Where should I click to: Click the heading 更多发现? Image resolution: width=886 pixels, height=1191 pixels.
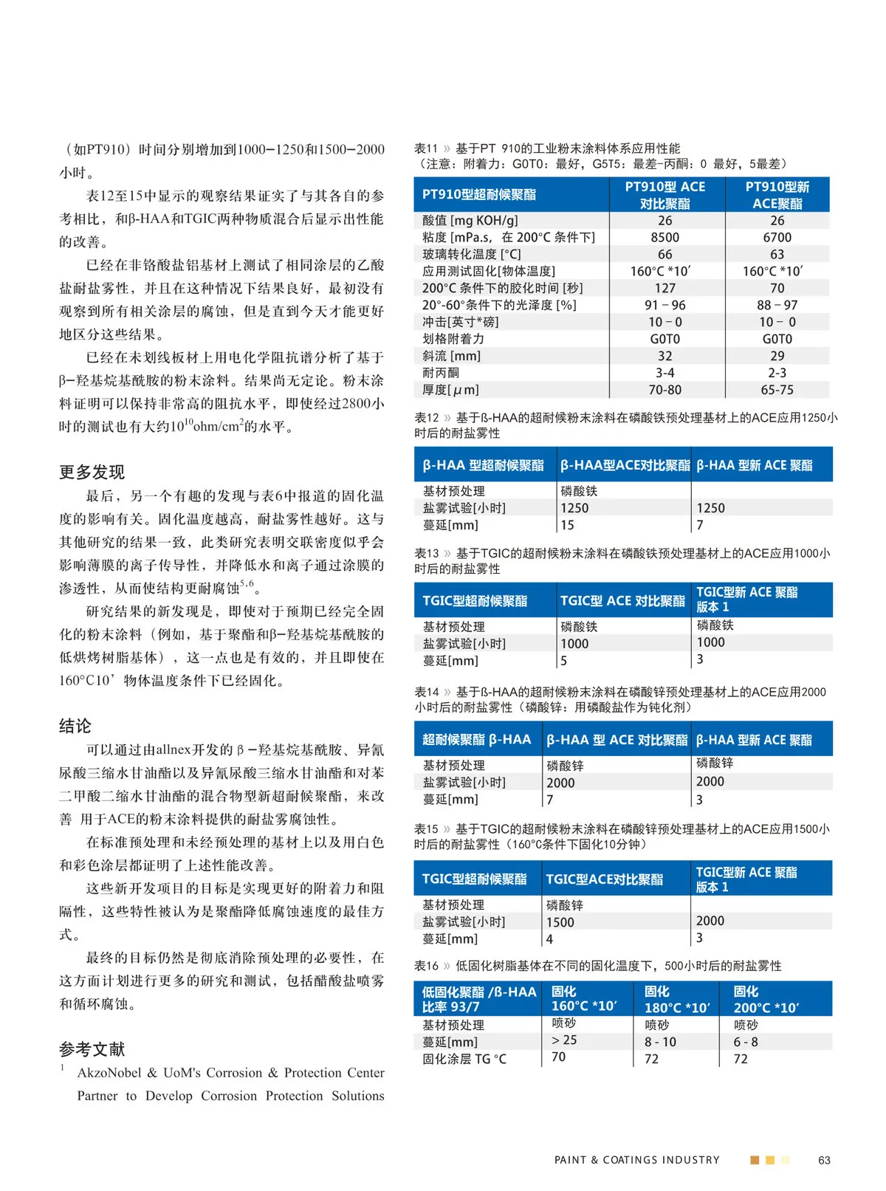(92, 472)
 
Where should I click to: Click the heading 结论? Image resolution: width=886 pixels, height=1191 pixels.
(75, 726)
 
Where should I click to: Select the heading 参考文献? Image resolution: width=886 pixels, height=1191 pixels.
(92, 1049)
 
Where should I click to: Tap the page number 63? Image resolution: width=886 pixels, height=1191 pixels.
(824, 1160)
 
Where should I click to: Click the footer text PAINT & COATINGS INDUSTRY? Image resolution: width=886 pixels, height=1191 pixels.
(636, 1160)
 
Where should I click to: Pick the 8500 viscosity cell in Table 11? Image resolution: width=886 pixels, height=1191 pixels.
(664, 237)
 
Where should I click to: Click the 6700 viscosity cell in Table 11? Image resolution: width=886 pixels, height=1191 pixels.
(777, 237)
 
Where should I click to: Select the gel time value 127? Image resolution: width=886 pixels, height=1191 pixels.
(664, 288)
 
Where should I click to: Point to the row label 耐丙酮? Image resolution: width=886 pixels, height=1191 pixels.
(441, 373)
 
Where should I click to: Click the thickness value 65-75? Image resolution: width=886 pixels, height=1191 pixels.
(777, 390)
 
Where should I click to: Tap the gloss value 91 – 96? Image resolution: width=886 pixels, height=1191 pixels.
(664, 305)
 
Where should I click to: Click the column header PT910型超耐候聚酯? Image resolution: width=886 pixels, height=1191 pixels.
(479, 194)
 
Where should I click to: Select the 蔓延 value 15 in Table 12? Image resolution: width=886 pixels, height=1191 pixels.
(567, 525)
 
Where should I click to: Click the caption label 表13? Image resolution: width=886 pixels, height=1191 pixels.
(426, 553)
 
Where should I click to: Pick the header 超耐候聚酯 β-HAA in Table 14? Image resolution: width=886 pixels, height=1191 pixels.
(476, 739)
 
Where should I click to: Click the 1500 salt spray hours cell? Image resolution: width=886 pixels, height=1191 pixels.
(560, 922)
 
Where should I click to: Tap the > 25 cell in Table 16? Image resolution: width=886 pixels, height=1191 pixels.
(564, 1040)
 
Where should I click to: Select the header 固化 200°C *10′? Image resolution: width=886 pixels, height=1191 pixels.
(766, 999)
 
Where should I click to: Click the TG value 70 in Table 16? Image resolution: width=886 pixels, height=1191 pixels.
(558, 1057)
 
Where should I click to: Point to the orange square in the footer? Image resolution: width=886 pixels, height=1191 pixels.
(755, 1160)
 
